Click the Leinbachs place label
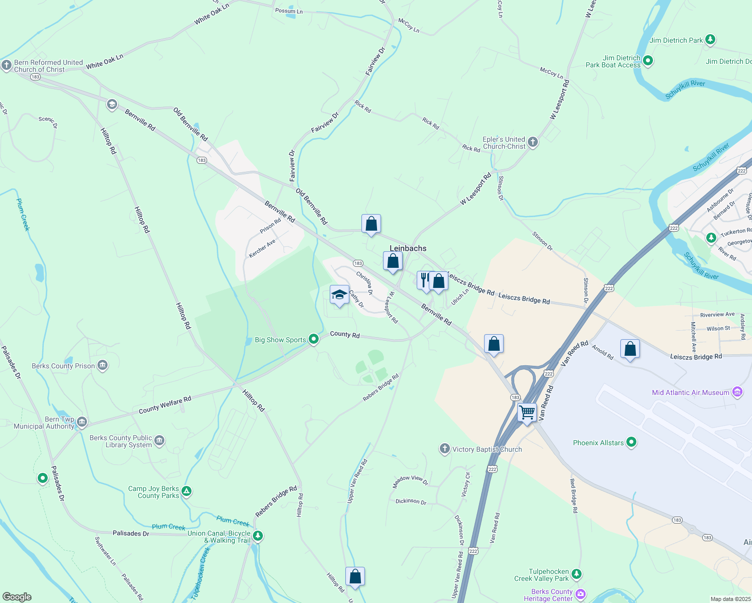(408, 248)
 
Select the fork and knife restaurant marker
(424, 280)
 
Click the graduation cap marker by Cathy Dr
(339, 295)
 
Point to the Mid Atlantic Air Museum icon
(737, 392)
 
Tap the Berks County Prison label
(63, 366)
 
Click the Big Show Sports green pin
(314, 340)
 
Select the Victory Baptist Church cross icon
(444, 449)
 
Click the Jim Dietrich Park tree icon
(710, 40)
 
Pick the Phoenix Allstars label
(598, 443)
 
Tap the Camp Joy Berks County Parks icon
(186, 491)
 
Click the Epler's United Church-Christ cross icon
(533, 142)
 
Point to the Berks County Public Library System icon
(159, 441)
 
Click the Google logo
(17, 597)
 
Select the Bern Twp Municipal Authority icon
(82, 422)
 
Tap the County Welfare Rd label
(165, 405)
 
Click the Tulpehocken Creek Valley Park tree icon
(577, 574)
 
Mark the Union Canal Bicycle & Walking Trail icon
(258, 536)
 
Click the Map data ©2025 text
(730, 599)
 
